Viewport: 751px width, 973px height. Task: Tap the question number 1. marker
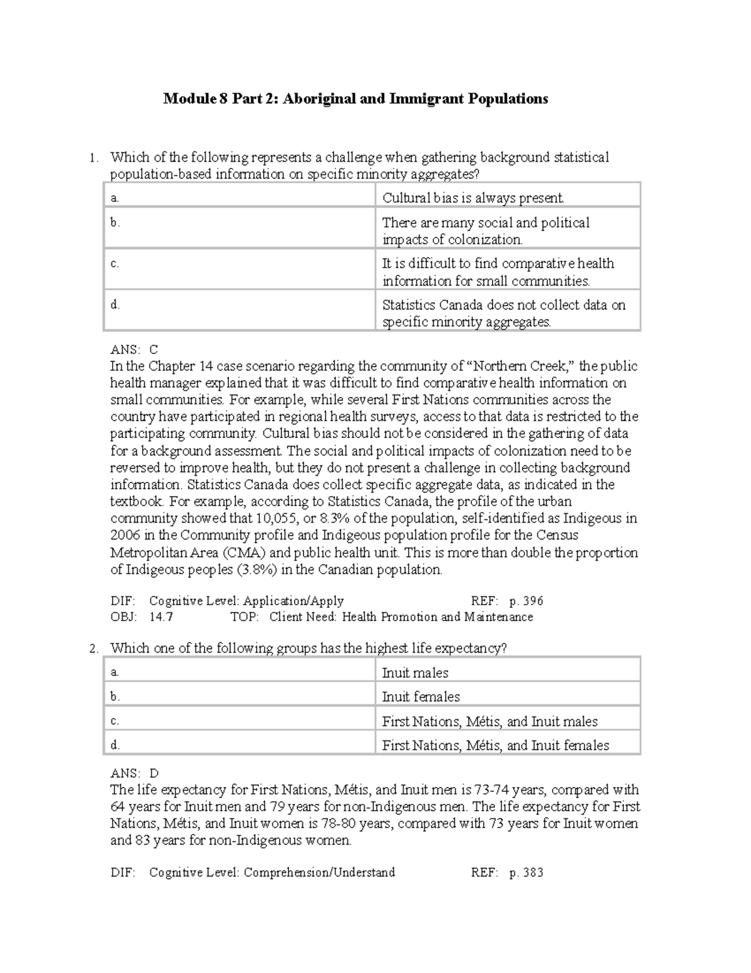point(93,158)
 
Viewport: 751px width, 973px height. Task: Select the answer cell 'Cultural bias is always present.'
point(473,199)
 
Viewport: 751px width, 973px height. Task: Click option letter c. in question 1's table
point(115,264)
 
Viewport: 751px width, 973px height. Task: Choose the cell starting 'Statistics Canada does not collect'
point(504,313)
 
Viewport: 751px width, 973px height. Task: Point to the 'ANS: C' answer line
point(134,350)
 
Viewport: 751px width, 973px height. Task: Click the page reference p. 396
point(526,601)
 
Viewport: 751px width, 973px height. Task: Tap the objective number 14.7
point(161,617)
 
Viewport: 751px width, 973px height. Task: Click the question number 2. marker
point(93,649)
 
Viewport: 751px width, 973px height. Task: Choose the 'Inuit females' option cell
point(421,697)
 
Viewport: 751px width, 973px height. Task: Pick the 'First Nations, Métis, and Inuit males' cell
point(489,721)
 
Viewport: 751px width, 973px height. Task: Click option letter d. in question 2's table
point(115,745)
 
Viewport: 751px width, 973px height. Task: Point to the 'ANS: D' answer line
point(135,773)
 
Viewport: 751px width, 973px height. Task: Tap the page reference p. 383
point(526,872)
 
